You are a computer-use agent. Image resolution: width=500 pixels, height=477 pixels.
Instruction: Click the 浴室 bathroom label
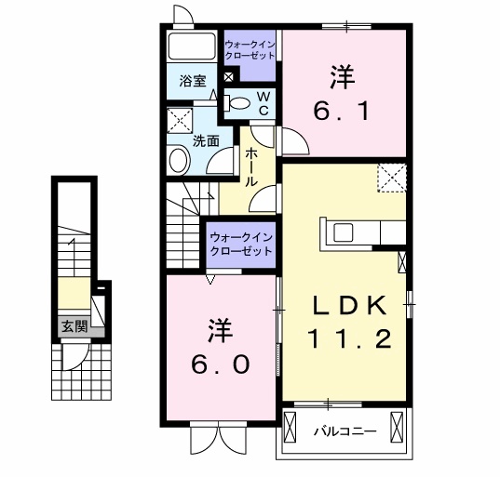tap(194, 81)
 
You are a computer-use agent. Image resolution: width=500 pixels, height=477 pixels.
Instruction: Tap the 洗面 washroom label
tap(206, 141)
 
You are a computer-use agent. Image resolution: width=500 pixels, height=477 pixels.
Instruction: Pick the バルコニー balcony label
tap(344, 431)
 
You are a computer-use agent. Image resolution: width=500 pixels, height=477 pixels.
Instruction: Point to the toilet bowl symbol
tap(237, 103)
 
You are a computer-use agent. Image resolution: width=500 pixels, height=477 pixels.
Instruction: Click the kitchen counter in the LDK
tap(358, 233)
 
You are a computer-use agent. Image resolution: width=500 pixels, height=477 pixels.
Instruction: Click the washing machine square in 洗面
tap(179, 121)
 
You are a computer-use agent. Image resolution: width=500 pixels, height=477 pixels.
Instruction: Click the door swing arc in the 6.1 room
tap(296, 141)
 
